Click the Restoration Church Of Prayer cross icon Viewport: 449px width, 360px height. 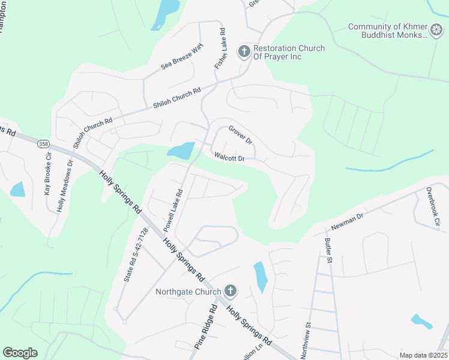point(244,52)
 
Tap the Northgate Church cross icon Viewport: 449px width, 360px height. point(230,292)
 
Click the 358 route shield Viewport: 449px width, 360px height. point(43,144)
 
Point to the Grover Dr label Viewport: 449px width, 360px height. point(240,134)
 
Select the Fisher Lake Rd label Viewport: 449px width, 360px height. point(219,47)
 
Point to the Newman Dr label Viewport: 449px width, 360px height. point(348,223)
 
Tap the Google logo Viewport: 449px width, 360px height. point(20,352)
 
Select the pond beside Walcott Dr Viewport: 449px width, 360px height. point(181,151)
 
